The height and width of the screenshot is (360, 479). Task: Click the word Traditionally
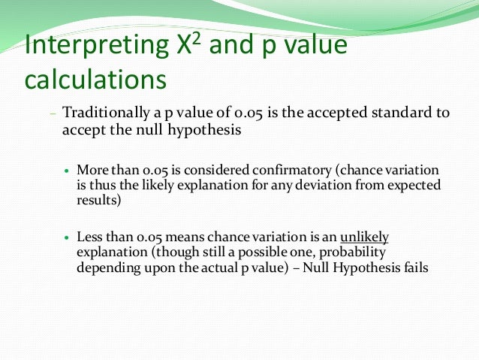pyautogui.click(x=104, y=113)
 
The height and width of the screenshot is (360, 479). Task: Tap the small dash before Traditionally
pyautogui.click(x=53, y=114)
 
